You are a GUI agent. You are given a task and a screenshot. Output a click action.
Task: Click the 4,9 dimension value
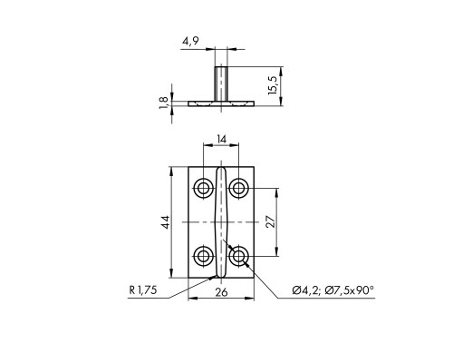(190, 42)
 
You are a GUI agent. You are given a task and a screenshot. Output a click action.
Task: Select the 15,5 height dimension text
(273, 85)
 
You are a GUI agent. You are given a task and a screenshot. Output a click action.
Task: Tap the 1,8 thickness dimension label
(163, 103)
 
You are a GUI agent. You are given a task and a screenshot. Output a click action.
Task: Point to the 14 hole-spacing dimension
(221, 140)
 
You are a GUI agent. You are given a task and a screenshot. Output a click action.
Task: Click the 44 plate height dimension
(166, 222)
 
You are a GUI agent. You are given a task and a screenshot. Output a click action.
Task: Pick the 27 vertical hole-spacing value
(271, 221)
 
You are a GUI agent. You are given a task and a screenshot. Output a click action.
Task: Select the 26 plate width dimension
(221, 292)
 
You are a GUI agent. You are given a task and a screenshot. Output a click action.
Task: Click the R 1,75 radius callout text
(143, 290)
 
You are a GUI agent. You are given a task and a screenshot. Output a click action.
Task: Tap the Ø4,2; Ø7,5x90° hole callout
(333, 290)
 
